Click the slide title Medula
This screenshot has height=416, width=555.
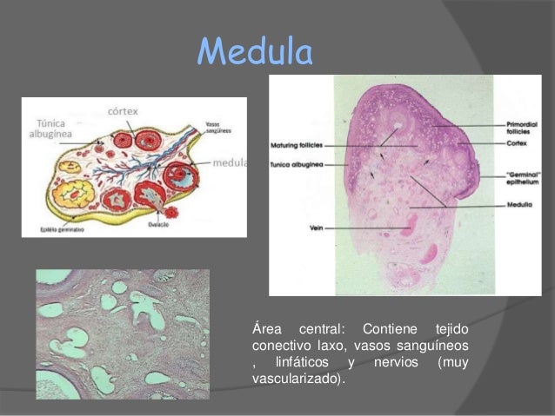click(254, 53)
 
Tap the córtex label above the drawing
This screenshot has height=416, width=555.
click(121, 110)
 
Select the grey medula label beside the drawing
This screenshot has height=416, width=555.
click(229, 162)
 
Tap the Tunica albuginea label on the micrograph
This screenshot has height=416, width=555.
click(299, 163)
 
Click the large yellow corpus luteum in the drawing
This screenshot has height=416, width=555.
click(66, 167)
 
